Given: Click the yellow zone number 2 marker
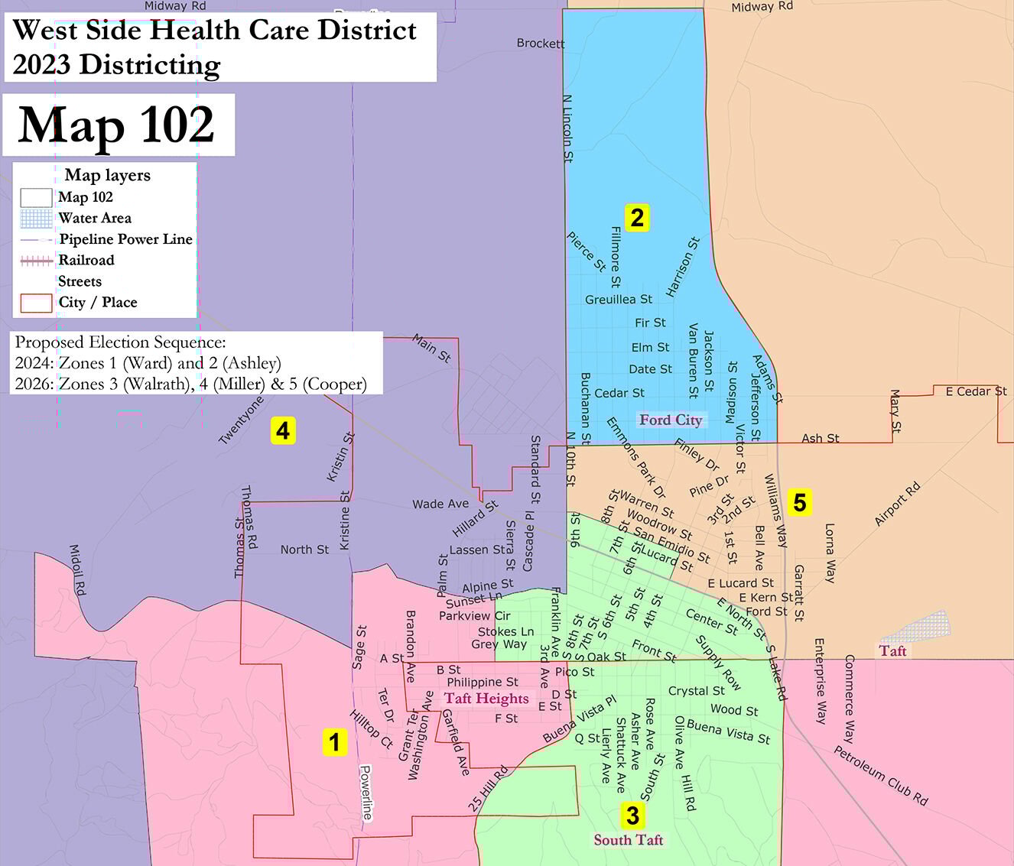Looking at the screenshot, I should click(x=636, y=218).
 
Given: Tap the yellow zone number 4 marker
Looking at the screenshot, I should click(x=283, y=431).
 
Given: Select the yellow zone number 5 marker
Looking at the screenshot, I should click(x=799, y=502).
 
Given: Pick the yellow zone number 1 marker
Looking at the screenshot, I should click(x=334, y=741).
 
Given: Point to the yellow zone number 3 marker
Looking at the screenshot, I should click(x=632, y=816).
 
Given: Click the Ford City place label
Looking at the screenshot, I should click(x=670, y=420).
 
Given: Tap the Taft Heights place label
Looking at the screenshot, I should click(x=486, y=698).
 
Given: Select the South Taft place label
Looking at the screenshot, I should click(x=628, y=840).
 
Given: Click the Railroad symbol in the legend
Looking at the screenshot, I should click(x=36, y=261).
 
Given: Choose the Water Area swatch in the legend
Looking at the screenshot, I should click(x=36, y=219).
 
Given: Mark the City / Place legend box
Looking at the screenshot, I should click(x=36, y=303).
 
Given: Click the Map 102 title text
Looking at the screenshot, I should click(x=116, y=125).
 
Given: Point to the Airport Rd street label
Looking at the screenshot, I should click(x=897, y=504).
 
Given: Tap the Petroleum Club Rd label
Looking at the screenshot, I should click(x=880, y=776).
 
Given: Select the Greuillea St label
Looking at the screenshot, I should click(x=619, y=300).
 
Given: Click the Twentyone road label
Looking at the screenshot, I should click(x=241, y=420).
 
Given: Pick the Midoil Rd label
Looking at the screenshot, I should click(x=78, y=570).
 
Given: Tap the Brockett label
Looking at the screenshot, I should click(x=540, y=44).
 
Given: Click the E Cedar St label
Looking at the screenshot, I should click(x=976, y=391).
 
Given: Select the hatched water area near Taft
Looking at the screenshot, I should click(x=918, y=627).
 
